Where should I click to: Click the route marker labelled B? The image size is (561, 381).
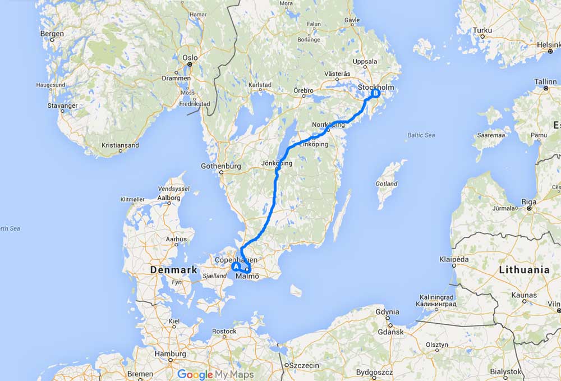pyautogui.click(x=374, y=94)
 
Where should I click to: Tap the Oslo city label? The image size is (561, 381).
pyautogui.click(x=190, y=57)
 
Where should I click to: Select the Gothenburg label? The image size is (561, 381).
pyautogui.click(x=220, y=166)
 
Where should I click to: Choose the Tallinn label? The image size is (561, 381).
pyautogui.click(x=545, y=81)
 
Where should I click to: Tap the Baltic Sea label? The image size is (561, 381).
pyautogui.click(x=421, y=135)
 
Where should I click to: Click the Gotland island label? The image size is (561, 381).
pyautogui.click(x=387, y=183)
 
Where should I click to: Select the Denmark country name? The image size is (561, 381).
pyautogui.click(x=174, y=270)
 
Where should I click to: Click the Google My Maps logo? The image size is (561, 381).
pyautogui.click(x=215, y=374)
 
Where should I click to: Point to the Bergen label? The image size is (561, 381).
pyautogui.click(x=52, y=34)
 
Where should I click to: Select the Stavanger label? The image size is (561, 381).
pyautogui.click(x=63, y=105)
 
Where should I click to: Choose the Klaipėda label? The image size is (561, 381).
pyautogui.click(x=454, y=260)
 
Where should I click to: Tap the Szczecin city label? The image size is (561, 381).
pyautogui.click(x=301, y=365)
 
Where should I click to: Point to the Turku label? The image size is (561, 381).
pyautogui.click(x=482, y=30)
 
